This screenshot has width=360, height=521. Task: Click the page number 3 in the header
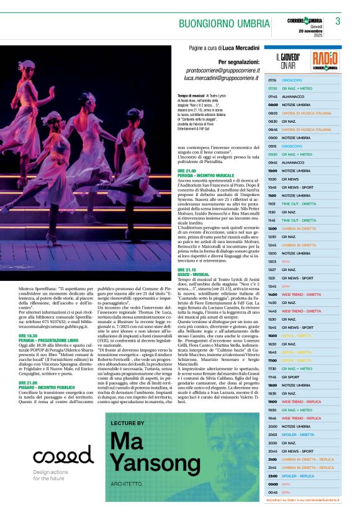click(x=338, y=21)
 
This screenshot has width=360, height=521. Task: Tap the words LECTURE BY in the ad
click(x=127, y=422)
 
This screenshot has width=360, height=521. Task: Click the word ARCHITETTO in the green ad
click(x=127, y=483)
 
